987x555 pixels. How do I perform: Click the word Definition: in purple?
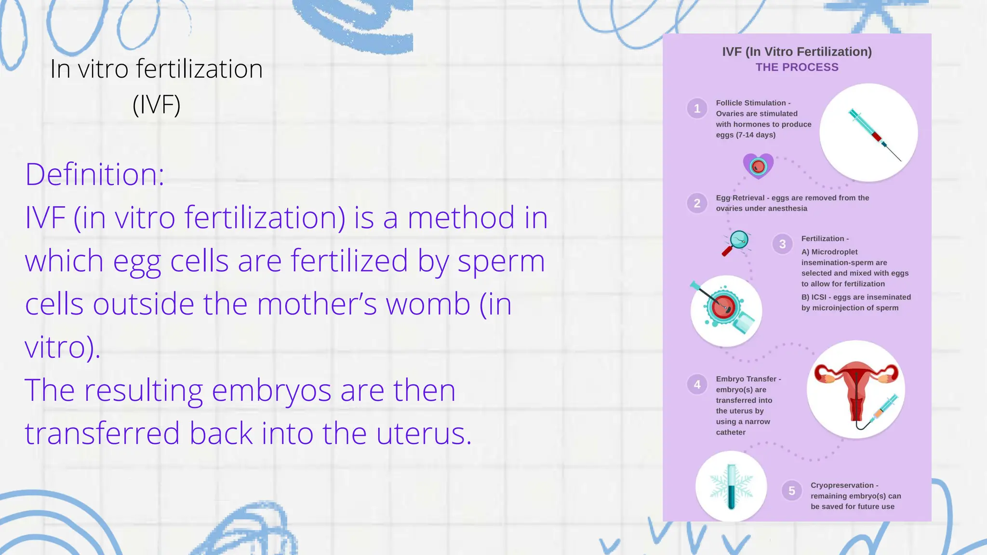[x=94, y=174]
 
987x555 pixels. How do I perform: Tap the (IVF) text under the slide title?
[x=156, y=105]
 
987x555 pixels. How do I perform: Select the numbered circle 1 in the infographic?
[x=697, y=108]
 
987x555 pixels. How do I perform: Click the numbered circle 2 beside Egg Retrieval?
[x=697, y=203]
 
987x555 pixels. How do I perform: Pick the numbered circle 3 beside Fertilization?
[x=782, y=244]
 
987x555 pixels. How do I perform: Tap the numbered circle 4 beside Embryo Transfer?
[x=697, y=384]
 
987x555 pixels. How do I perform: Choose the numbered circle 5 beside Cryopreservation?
[x=791, y=490]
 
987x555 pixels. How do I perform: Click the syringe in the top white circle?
[x=873, y=133]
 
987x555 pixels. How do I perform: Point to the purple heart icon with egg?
[x=758, y=166]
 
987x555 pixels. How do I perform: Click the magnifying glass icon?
[x=735, y=243]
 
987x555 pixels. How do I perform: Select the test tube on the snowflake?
[x=731, y=487]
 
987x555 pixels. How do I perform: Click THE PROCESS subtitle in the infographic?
[x=797, y=67]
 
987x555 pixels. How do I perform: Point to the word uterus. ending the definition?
[x=424, y=433]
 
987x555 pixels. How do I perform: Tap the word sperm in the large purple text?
[x=501, y=262]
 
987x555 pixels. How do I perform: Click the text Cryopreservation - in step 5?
[x=844, y=485]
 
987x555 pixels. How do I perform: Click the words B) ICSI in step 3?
[x=814, y=297]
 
